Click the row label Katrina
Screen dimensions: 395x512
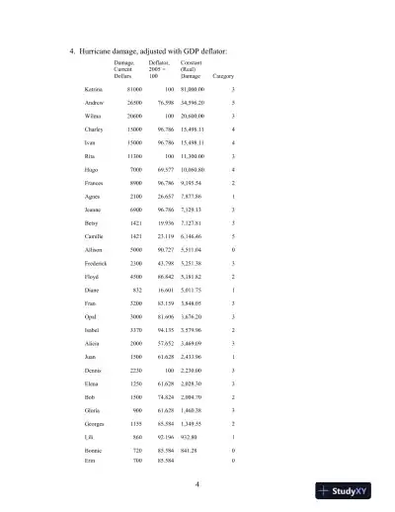pos(94,89)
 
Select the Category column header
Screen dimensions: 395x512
pos(223,76)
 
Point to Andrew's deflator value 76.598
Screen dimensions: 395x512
pos(161,102)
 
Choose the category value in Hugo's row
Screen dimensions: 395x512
pos(232,169)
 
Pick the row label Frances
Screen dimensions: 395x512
pos(95,183)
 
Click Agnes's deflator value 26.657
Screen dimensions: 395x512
pos(161,197)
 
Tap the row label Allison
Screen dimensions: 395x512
pos(94,250)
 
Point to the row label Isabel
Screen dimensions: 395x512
pos(93,331)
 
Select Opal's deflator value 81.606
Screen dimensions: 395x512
pos(161,317)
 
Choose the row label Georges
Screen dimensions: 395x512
pos(95,425)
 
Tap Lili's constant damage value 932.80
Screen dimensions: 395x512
pos(197,438)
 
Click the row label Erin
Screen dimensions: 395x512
pos(91,460)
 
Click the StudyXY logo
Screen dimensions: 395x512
pos(352,491)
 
